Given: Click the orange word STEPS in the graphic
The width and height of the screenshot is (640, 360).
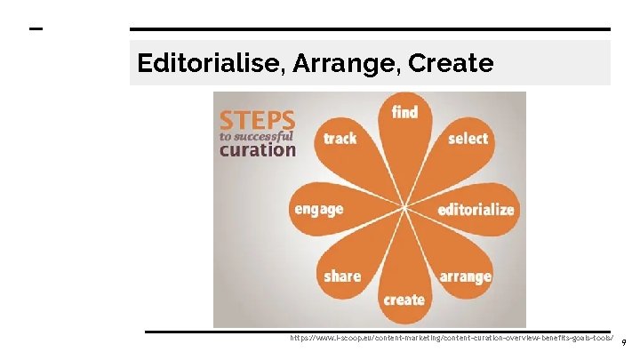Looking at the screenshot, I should (x=257, y=119).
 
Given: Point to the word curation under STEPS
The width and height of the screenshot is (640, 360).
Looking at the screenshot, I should (x=257, y=149).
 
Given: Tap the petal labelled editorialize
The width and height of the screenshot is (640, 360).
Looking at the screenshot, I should (x=476, y=210).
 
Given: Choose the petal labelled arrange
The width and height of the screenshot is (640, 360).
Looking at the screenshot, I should (x=464, y=276).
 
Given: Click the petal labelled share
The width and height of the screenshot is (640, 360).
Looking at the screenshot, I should (x=343, y=276).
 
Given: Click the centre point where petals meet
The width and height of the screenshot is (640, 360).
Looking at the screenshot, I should (x=404, y=208).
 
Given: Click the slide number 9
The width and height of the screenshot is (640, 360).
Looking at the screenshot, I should (x=624, y=342).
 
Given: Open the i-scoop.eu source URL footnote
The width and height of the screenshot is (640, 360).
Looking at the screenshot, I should (x=452, y=339).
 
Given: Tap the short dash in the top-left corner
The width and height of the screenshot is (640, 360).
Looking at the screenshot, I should (x=36, y=29).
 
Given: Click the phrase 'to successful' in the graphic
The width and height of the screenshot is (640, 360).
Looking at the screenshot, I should (x=257, y=136).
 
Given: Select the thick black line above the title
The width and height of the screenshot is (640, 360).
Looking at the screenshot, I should (x=370, y=29).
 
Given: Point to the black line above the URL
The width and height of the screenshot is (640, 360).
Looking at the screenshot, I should (x=377, y=332).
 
